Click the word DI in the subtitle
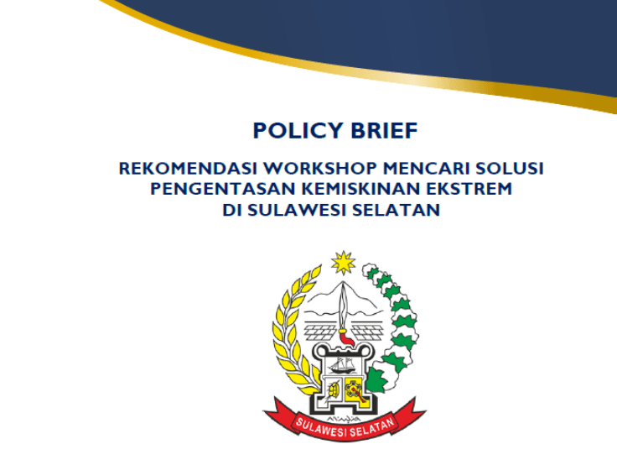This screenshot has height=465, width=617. (231, 210)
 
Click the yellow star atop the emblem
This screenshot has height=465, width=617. (343, 264)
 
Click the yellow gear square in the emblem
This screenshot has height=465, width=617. (355, 389)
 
